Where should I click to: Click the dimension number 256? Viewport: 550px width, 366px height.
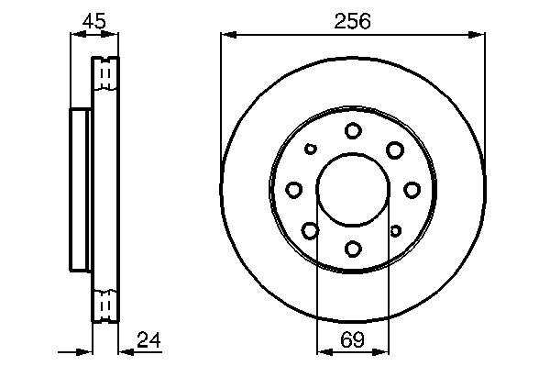click(x=352, y=22)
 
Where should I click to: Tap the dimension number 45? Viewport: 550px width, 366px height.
click(x=94, y=21)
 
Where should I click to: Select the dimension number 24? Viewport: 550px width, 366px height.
click(x=148, y=339)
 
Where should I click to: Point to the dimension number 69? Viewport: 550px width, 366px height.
click(x=353, y=339)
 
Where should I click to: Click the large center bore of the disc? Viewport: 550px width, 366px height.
click(x=353, y=189)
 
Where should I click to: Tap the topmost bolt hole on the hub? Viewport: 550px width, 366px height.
click(x=353, y=130)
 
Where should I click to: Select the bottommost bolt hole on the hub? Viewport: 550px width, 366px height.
click(x=353, y=249)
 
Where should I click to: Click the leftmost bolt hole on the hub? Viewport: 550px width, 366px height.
click(x=294, y=190)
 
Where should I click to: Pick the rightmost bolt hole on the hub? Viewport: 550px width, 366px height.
click(x=412, y=190)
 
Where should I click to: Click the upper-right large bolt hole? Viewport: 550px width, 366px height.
click(x=395, y=150)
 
